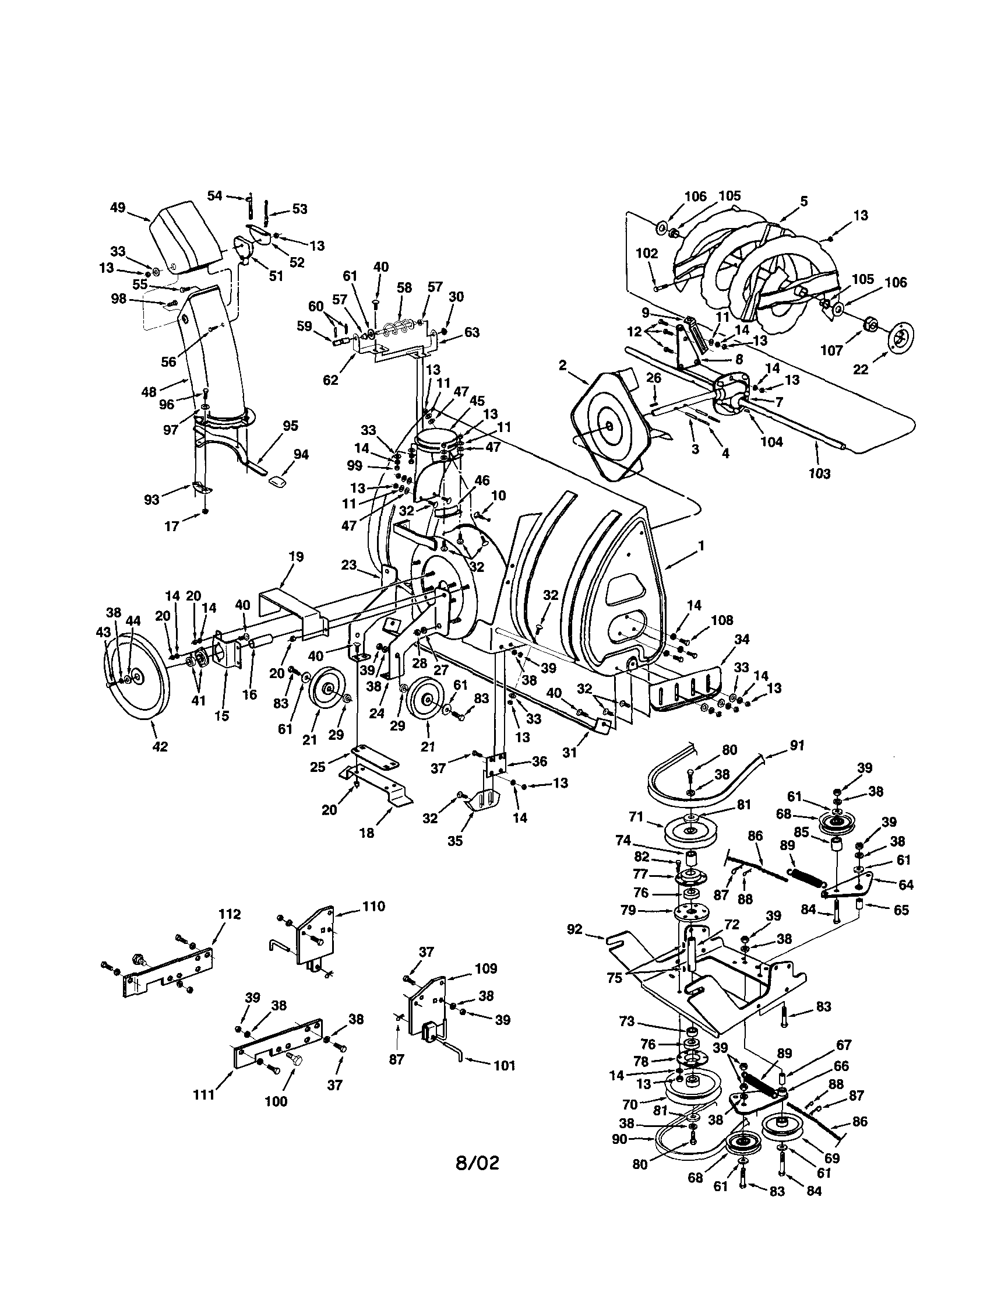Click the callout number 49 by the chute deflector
pyautogui.click(x=118, y=208)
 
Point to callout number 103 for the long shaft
pyautogui.click(x=819, y=473)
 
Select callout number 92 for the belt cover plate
pyautogui.click(x=574, y=929)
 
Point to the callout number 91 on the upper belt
pyautogui.click(x=797, y=746)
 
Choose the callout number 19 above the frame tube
pyautogui.click(x=295, y=557)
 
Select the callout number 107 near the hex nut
pyautogui.click(x=831, y=351)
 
